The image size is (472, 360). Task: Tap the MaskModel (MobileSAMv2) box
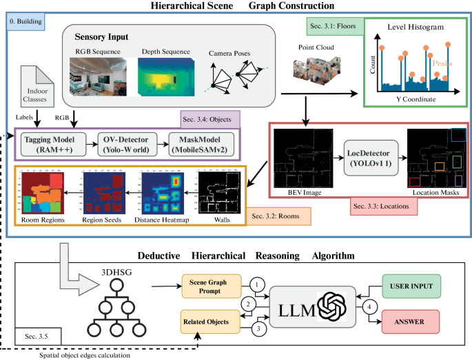(197, 145)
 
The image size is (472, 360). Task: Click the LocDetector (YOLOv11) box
(371, 158)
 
